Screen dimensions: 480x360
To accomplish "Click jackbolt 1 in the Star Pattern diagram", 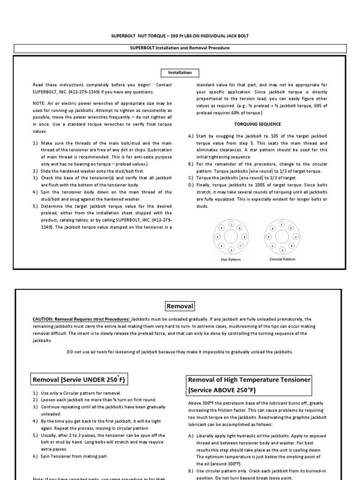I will pyautogui.click(x=231, y=224).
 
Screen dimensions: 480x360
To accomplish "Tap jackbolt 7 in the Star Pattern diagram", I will pyautogui.click(x=240, y=245).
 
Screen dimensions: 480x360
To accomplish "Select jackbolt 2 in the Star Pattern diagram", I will pyautogui.click(x=231, y=249).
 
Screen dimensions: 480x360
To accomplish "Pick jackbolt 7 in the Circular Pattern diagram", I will pyautogui.click(x=269, y=237).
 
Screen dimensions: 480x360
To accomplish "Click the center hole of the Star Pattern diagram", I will pyautogui.click(x=231, y=237).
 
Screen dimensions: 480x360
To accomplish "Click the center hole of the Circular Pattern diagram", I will pyautogui.click(x=282, y=237).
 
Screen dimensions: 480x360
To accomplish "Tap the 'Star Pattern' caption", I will pyautogui.click(x=231, y=259).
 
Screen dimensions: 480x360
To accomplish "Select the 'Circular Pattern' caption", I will pyautogui.click(x=282, y=259).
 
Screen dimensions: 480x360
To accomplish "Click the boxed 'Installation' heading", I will pyautogui.click(x=180, y=73).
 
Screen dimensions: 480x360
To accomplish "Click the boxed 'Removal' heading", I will pyautogui.click(x=180, y=306).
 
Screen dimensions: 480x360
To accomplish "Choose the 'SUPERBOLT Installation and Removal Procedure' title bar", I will pyautogui.click(x=180, y=48).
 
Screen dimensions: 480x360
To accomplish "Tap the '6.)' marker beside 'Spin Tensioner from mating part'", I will pyautogui.click(x=36, y=456).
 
